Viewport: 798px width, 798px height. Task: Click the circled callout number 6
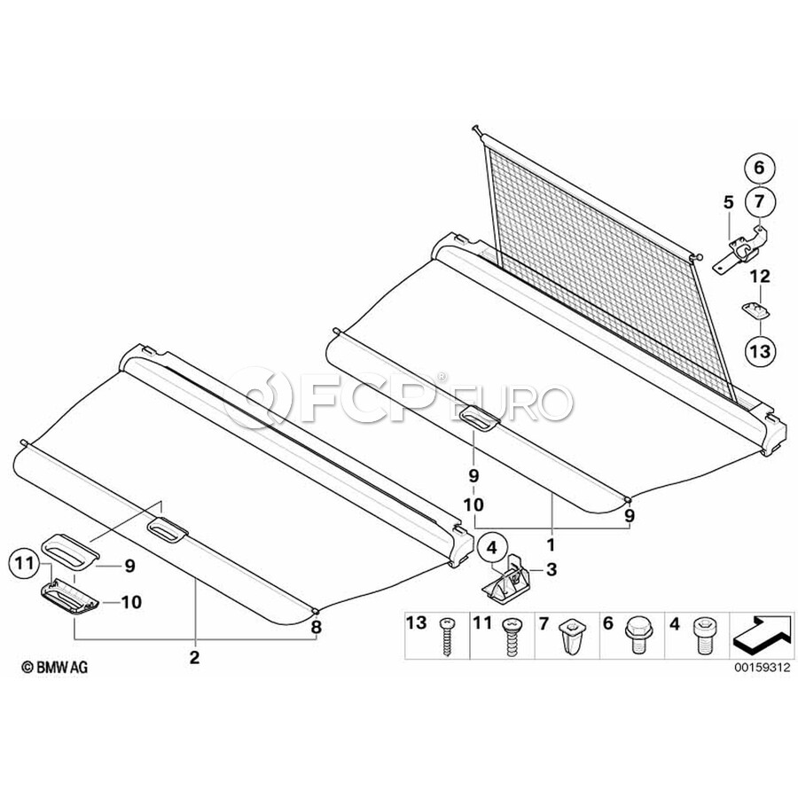759,168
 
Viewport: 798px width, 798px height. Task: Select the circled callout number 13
761,350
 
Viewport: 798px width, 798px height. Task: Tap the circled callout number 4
491,548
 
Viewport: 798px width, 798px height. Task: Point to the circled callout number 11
24,563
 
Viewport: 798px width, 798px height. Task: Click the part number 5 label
729,202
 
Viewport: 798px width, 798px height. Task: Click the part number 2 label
194,658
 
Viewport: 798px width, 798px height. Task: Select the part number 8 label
316,627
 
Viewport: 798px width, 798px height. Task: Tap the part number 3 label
552,569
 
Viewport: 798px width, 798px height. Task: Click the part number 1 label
551,545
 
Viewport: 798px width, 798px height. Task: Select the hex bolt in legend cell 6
636,634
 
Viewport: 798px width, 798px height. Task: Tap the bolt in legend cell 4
702,636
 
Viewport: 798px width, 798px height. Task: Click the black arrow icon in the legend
760,636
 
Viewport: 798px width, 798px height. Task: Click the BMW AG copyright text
54,667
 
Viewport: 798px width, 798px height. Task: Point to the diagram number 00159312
762,667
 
